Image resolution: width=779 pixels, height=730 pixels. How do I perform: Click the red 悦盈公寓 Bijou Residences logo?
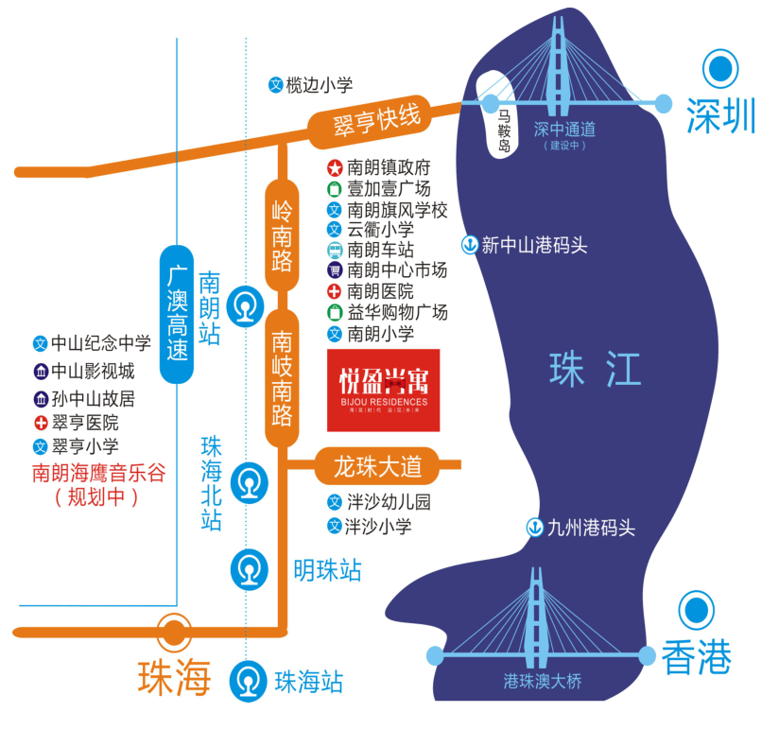[383, 391]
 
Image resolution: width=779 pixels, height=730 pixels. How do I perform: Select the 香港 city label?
[697, 658]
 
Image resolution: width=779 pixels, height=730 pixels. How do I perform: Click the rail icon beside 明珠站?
[249, 569]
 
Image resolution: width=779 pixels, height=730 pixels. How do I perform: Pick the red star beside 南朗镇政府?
[335, 167]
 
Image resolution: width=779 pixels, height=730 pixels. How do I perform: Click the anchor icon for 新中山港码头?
[469, 245]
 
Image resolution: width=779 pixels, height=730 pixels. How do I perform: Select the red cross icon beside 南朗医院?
[335, 292]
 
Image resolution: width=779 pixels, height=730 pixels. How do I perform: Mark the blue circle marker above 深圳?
[722, 69]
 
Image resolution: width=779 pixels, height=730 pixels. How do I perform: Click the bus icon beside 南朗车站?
[335, 251]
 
